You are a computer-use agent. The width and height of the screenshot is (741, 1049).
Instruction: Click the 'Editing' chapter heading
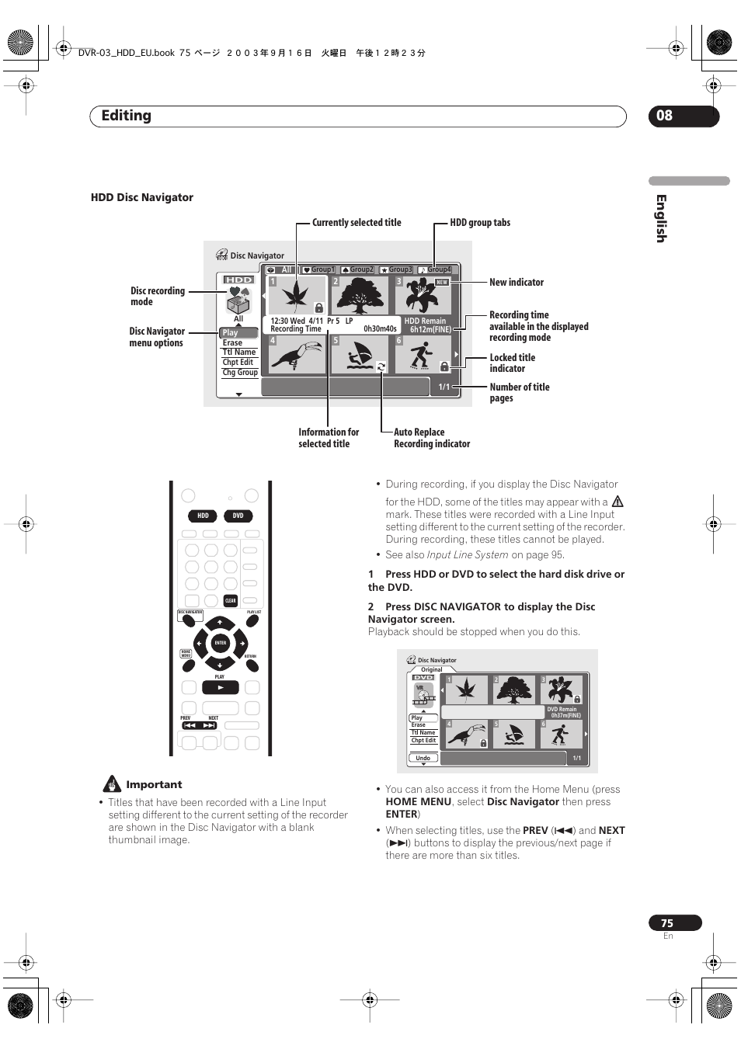(127, 116)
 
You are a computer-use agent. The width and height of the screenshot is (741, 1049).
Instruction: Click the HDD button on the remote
(203, 516)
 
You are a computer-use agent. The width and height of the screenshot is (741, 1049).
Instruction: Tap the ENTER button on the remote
(221, 643)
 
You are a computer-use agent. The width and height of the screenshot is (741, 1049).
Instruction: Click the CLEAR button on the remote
(230, 600)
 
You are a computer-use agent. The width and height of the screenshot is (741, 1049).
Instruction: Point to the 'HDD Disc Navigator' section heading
(142, 197)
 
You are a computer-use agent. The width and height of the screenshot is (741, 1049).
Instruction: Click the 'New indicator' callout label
(517, 283)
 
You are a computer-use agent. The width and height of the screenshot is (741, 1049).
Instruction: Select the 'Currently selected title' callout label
(357, 223)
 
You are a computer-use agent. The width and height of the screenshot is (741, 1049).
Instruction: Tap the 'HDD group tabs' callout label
(480, 223)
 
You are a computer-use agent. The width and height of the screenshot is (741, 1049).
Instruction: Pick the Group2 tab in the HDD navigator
(358, 269)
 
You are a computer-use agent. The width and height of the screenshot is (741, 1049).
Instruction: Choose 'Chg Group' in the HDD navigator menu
(240, 373)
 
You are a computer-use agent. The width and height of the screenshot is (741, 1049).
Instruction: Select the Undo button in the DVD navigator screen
(423, 758)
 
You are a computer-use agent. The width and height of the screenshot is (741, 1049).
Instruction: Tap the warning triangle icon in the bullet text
(617, 502)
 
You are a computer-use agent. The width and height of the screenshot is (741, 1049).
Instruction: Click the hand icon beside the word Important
(113, 784)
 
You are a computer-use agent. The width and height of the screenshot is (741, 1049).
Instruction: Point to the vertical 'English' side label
(661, 218)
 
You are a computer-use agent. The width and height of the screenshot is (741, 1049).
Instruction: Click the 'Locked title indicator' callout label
(512, 363)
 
